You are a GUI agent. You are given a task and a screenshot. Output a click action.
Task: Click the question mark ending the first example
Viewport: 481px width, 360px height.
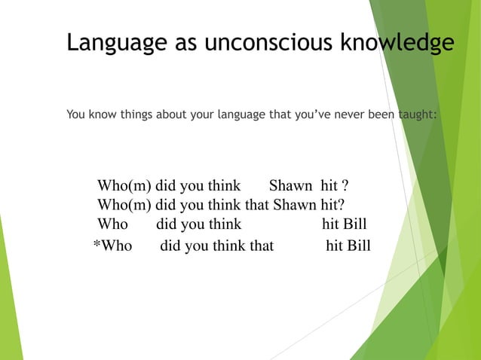[x=345, y=186]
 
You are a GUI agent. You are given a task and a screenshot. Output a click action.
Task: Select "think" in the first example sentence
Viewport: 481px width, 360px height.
[x=222, y=186]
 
